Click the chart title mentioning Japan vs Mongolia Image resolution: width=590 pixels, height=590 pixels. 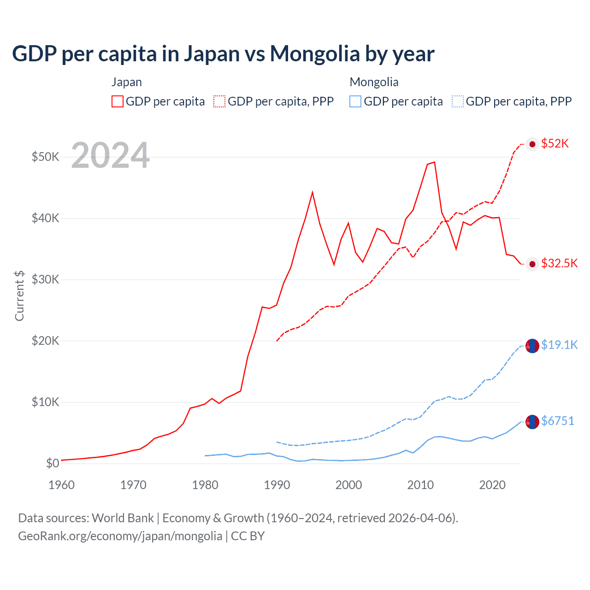pos(223,53)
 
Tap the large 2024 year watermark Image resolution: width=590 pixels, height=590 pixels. pos(111,155)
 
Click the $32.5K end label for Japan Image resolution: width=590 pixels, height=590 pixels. pos(559,263)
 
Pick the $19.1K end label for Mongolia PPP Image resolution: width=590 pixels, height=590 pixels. pos(559,345)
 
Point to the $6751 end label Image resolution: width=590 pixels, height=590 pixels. pos(557,421)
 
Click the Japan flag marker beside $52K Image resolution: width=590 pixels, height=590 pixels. pos(532,144)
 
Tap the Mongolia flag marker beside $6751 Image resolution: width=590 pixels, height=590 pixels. pos(532,422)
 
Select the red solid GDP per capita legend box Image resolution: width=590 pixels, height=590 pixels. pos(118,101)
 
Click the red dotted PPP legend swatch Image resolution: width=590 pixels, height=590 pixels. pos(219,101)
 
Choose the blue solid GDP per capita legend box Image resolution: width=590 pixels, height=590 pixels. pos(355,101)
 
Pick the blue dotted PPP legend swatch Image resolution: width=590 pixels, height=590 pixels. pos(458,101)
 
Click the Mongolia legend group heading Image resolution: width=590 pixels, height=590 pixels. pos(374,82)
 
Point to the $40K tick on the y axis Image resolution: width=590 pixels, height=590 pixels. pos(45,218)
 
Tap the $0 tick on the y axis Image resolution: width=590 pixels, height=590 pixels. pos(53,463)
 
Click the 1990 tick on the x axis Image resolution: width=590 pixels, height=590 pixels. pos(277,485)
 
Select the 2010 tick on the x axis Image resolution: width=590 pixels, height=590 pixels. pos(420,485)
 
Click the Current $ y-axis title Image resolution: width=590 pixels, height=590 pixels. pos(19,295)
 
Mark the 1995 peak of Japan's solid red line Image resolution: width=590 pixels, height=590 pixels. pos(313,192)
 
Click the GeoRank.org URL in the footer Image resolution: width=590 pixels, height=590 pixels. pos(120,536)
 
